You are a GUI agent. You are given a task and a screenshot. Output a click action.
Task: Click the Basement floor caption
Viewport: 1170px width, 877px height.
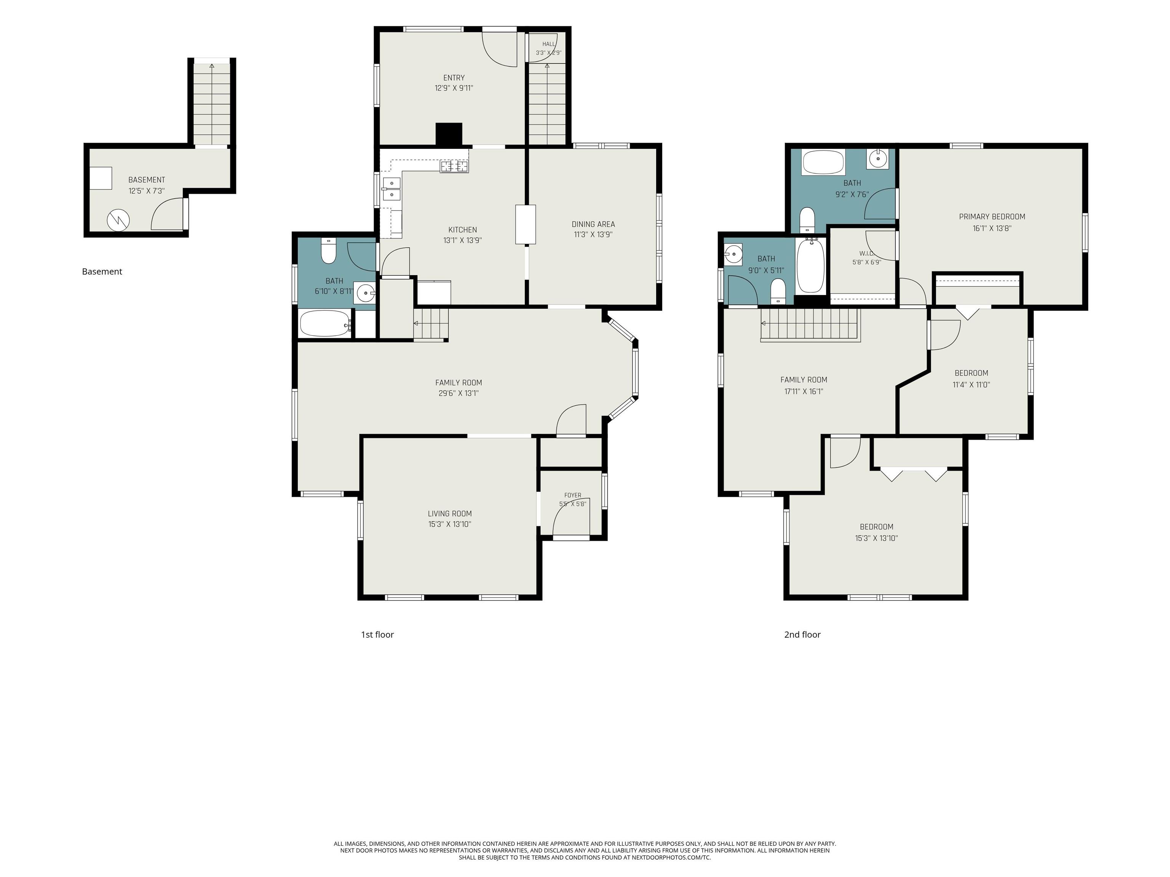tap(102, 272)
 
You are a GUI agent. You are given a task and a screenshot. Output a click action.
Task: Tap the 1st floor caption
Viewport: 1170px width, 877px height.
tap(377, 635)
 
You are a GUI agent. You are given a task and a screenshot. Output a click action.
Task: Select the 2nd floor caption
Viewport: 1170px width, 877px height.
tap(802, 635)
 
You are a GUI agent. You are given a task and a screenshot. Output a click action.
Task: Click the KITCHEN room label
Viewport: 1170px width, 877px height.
tap(463, 230)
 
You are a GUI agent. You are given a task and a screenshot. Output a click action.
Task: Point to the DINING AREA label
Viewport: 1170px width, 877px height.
tap(593, 224)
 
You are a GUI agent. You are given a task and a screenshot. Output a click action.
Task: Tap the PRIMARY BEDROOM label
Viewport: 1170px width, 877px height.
tap(992, 217)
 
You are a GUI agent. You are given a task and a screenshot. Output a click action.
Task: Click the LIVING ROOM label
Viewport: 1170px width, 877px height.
tap(449, 513)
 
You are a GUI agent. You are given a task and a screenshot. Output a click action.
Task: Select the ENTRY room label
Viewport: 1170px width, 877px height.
tap(454, 78)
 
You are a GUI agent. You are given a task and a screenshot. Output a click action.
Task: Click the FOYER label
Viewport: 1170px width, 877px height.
tap(572, 495)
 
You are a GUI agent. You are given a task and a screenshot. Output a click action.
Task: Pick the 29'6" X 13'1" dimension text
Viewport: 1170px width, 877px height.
tap(458, 393)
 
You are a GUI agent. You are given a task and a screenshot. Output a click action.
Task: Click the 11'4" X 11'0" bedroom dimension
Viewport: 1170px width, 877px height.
tap(971, 385)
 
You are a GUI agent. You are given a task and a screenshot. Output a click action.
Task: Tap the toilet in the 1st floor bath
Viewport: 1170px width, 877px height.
tap(328, 252)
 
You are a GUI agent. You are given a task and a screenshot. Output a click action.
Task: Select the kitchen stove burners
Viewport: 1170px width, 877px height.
tap(454, 167)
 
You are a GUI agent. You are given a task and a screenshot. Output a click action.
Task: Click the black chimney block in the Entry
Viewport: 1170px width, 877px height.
tap(449, 134)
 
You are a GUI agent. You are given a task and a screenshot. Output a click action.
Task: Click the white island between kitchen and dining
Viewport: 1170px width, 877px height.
tap(525, 225)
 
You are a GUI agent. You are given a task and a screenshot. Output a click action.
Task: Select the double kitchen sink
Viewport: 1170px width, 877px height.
tap(392, 189)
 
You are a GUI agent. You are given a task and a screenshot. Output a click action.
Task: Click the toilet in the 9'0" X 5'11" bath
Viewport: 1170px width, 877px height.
tap(778, 291)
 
